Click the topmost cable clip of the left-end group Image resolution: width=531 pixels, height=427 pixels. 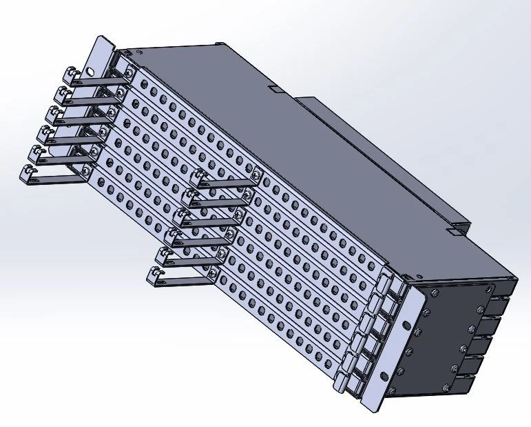click(x=71, y=75)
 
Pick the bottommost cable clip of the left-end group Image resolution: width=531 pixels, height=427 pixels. click(x=30, y=173)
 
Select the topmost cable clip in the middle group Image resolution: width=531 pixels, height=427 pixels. click(x=201, y=178)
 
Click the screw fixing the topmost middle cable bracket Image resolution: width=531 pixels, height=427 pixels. click(x=257, y=175)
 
